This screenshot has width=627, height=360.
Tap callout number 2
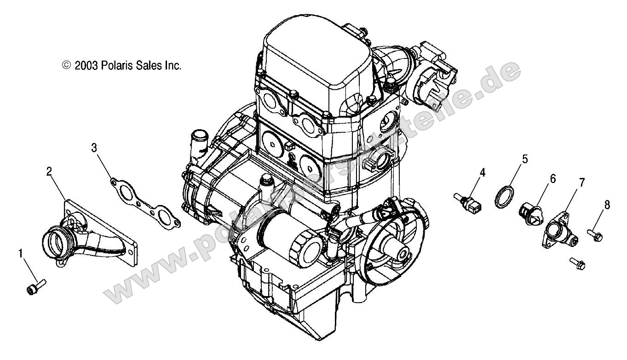coord(49,171)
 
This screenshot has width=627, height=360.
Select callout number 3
coord(94,148)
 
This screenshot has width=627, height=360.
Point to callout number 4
coord(483,172)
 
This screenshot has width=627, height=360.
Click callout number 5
coord(525,160)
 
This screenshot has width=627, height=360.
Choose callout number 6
coord(552,178)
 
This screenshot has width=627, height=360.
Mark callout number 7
coord(582,183)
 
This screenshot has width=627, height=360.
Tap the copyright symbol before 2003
coord(66,66)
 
